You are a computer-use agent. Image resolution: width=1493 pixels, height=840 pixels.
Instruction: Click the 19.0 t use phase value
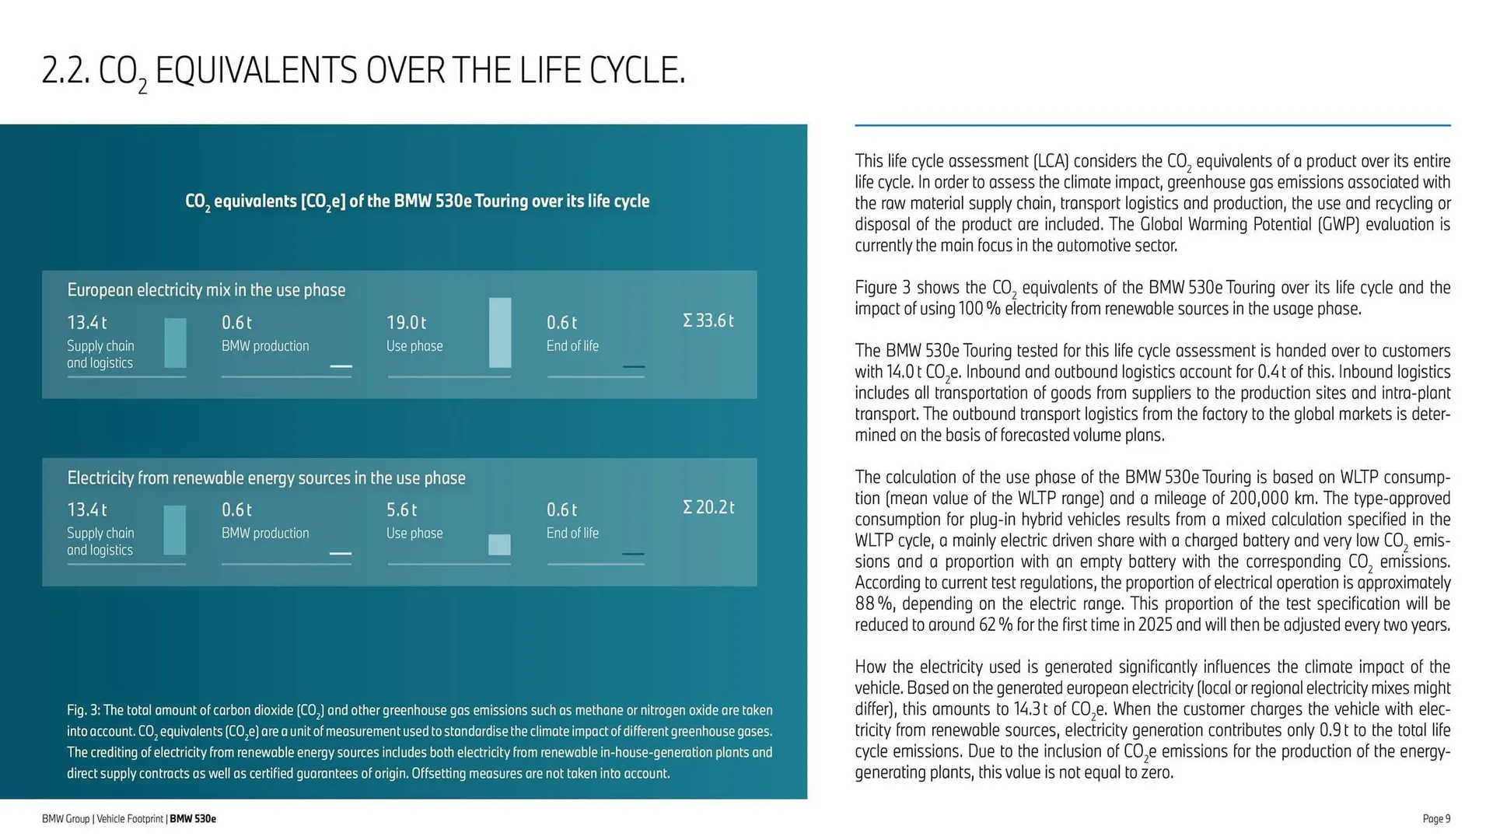pyautogui.click(x=406, y=322)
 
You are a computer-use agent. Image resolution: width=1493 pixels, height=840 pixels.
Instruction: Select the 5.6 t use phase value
pyautogui.click(x=401, y=509)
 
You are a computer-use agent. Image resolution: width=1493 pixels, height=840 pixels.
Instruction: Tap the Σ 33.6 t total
pyautogui.click(x=708, y=320)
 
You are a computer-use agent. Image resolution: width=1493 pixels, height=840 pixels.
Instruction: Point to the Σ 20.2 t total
pyautogui.click(x=708, y=507)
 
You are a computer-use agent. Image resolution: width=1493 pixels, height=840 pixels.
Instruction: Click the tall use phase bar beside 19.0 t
pyautogui.click(x=500, y=332)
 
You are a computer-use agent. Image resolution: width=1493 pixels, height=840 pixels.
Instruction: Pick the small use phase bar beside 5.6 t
pyautogui.click(x=499, y=544)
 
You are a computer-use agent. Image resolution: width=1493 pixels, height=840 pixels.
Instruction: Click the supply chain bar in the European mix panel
pyautogui.click(x=175, y=342)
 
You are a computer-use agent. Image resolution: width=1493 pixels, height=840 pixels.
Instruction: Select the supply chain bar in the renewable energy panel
pyautogui.click(x=175, y=530)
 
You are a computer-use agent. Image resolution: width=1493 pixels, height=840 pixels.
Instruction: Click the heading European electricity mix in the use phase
pyautogui.click(x=206, y=290)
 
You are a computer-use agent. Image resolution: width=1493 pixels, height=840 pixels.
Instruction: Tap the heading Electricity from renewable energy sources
pyautogui.click(x=266, y=478)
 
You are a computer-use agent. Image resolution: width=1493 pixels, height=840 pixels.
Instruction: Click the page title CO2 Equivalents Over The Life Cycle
pyautogui.click(x=364, y=72)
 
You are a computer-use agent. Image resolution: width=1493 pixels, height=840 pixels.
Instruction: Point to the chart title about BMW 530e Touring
pyautogui.click(x=417, y=201)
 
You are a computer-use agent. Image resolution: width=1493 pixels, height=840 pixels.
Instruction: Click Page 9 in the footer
pyautogui.click(x=1436, y=818)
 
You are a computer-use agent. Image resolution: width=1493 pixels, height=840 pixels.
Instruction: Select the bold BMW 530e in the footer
pyautogui.click(x=193, y=818)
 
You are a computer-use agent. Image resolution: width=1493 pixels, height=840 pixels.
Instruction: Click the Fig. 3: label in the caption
pyautogui.click(x=83, y=710)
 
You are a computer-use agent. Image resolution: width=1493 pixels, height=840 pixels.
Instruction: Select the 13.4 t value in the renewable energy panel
pyautogui.click(x=86, y=509)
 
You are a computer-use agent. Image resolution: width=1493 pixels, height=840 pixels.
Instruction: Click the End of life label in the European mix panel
pyautogui.click(x=572, y=346)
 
